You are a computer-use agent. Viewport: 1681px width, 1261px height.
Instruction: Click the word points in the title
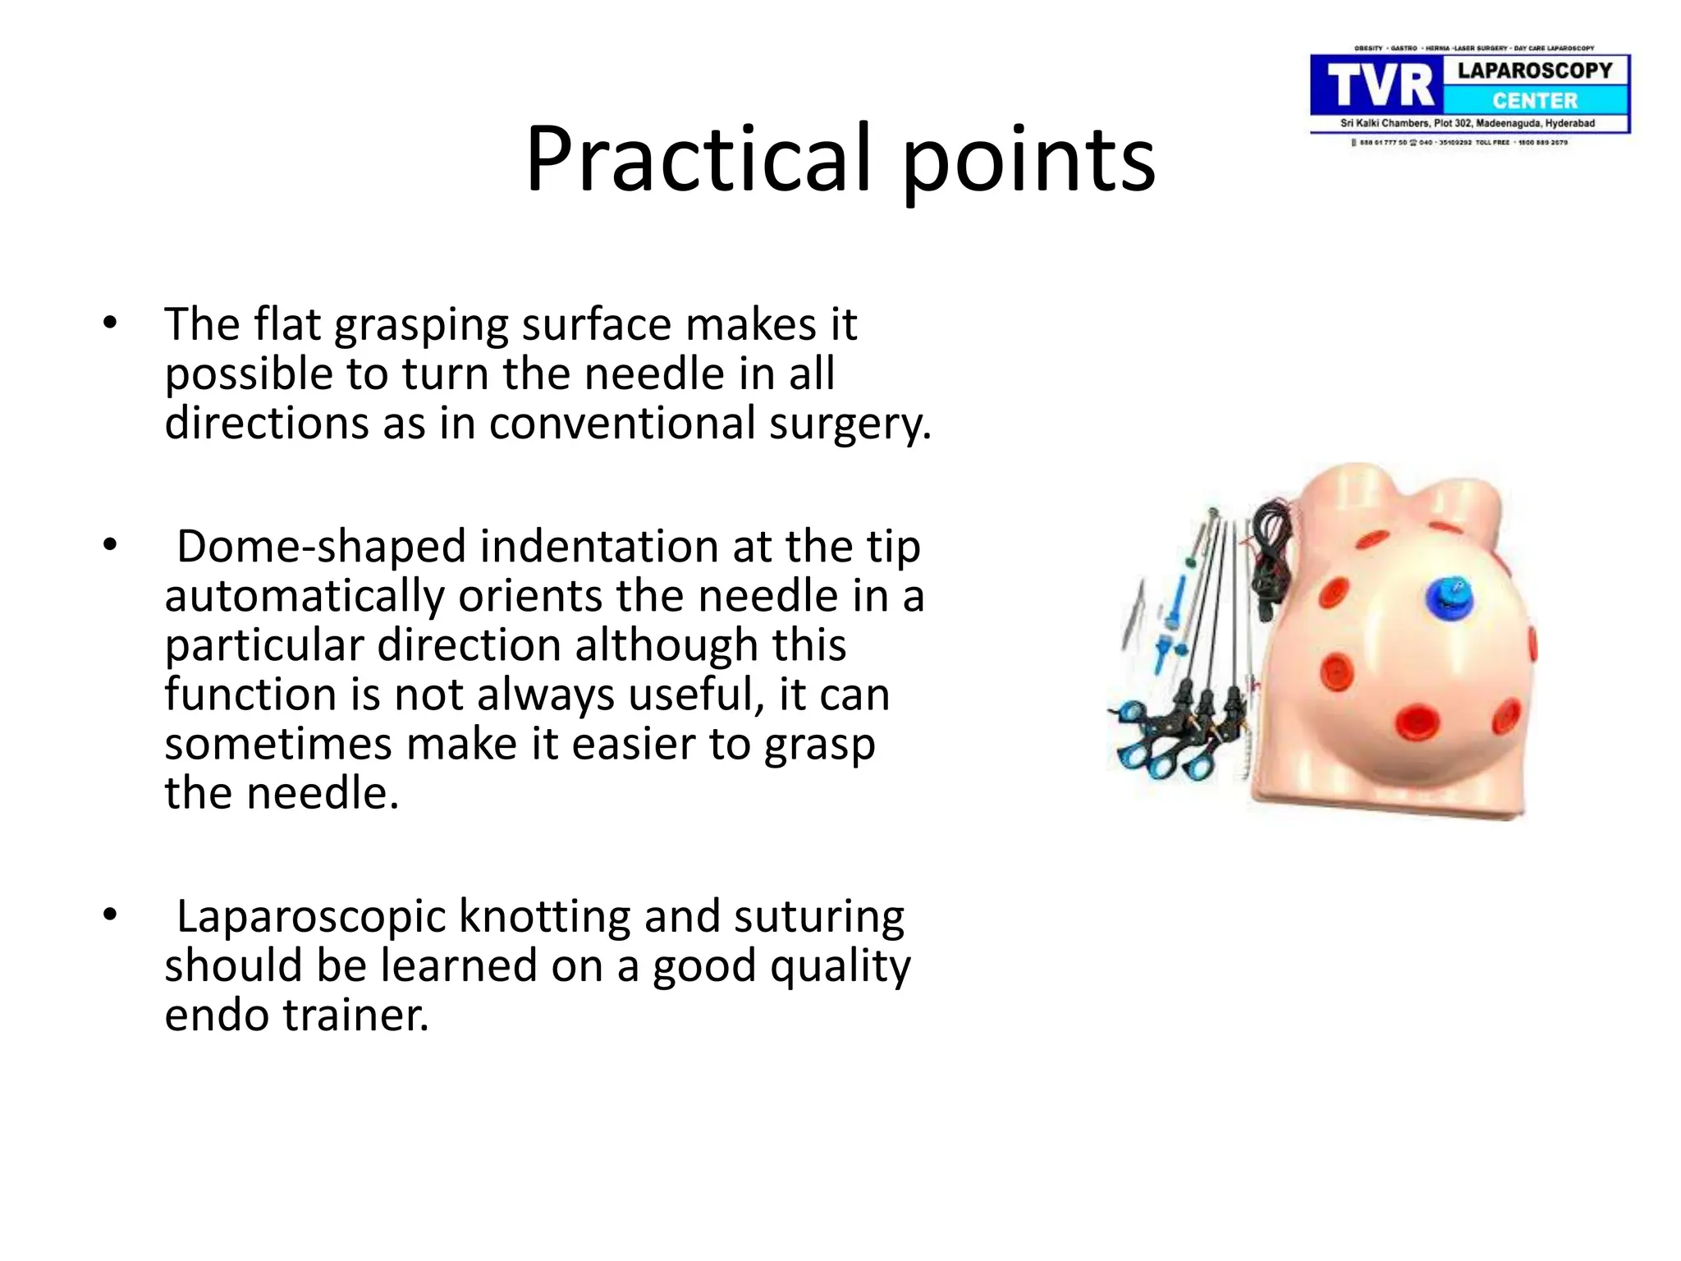coord(1029,160)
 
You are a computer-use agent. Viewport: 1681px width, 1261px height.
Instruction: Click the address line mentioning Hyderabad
coord(1468,123)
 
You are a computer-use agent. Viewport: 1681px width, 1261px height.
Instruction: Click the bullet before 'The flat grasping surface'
coord(110,323)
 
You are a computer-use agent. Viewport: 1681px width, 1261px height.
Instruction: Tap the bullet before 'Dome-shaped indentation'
coord(110,545)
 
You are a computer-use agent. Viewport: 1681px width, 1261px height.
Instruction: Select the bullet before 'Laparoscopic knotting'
coord(110,915)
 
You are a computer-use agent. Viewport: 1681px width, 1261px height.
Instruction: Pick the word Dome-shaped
coord(322,547)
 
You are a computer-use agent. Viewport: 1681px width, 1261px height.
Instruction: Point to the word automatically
coord(304,596)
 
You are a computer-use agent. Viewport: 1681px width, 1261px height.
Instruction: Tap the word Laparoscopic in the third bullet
coord(311,916)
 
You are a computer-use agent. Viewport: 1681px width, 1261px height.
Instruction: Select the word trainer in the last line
coord(356,1015)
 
